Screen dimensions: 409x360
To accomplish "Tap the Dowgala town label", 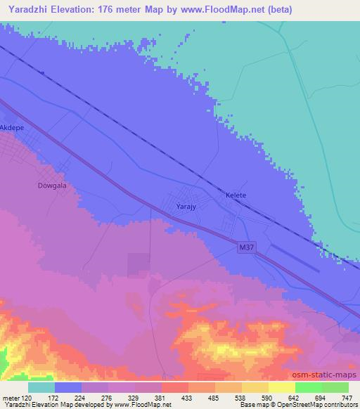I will point(51,186).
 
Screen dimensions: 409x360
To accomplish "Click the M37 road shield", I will point(245,248).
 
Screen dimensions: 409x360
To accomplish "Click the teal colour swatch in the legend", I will point(41,387).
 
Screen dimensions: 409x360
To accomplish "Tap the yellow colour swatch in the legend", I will point(282,387).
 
